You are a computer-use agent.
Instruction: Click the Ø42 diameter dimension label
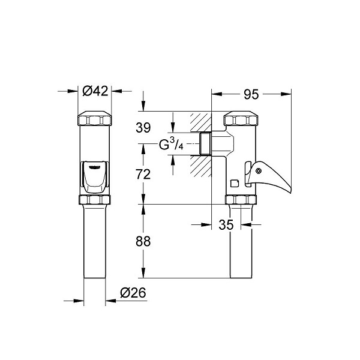point(95,91)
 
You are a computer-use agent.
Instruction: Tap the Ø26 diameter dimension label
point(133,293)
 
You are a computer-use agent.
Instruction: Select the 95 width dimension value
point(251,94)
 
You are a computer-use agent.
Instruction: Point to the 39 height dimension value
point(143,128)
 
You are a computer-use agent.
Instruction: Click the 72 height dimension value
point(143,174)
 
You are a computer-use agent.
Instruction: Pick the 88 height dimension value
point(143,241)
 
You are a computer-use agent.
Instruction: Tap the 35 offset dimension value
point(226,225)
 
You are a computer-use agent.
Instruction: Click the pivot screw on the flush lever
point(259,170)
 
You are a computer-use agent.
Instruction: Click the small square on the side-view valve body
point(235,184)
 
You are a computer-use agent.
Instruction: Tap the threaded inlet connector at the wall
point(205,144)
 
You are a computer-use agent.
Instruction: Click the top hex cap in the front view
point(95,118)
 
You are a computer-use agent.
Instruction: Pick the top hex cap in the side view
point(240,118)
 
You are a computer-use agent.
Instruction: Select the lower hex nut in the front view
point(95,200)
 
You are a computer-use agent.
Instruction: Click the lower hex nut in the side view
point(241,200)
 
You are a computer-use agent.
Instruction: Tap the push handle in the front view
point(95,176)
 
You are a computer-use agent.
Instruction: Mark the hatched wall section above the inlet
point(200,122)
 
